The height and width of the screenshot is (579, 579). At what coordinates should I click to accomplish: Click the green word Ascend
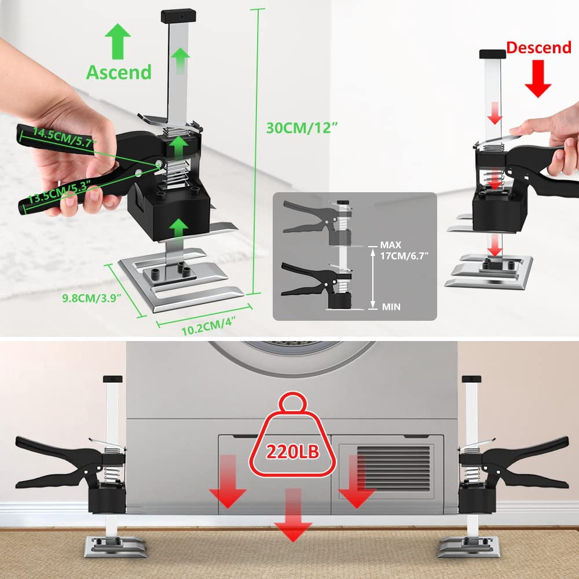tap(119, 72)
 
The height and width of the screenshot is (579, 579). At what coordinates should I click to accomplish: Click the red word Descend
tap(538, 47)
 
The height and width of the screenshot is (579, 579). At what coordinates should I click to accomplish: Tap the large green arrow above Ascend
tap(118, 41)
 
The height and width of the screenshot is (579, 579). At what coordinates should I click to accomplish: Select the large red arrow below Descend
tap(538, 79)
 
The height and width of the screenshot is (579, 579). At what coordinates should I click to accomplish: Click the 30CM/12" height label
tap(302, 128)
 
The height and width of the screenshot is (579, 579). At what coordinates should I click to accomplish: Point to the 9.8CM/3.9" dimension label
tap(92, 298)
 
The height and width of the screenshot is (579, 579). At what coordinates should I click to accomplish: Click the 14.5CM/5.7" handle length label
tap(65, 137)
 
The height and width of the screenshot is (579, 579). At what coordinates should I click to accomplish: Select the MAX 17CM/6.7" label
tap(404, 250)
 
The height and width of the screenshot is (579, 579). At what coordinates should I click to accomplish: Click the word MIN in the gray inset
tap(391, 306)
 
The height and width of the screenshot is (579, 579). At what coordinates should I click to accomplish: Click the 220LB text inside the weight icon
tap(292, 451)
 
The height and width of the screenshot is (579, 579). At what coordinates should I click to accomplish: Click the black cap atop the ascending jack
tap(178, 16)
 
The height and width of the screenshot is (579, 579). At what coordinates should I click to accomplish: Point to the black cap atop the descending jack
tap(493, 54)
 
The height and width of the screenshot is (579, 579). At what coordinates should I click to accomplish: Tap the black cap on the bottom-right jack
tap(471, 379)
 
